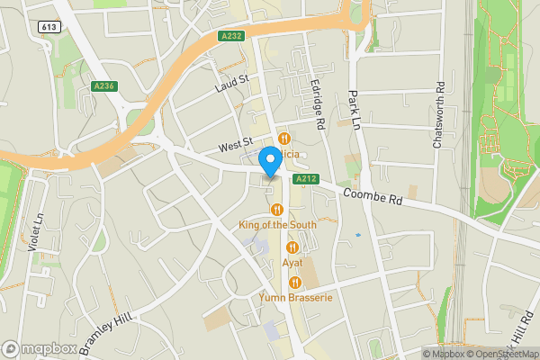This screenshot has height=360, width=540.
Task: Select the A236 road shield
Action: pyautogui.click(x=103, y=86)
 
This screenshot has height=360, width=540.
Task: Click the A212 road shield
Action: pyautogui.click(x=305, y=179)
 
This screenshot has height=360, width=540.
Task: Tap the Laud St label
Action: pyautogui.click(x=231, y=84)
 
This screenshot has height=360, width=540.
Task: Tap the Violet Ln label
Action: pyautogui.click(x=37, y=232)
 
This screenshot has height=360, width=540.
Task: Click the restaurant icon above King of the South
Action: pyautogui.click(x=277, y=210)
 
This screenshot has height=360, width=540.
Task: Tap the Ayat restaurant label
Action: pyautogui.click(x=292, y=263)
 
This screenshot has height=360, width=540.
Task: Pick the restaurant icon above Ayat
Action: pyautogui.click(x=292, y=247)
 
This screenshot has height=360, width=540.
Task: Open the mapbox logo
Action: pyautogui.click(x=39, y=347)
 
